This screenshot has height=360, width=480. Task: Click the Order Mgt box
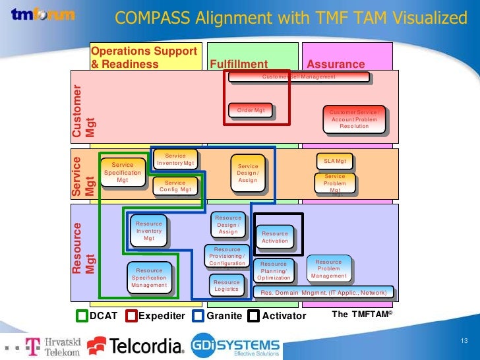(251, 111)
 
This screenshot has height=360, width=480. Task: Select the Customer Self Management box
(298, 77)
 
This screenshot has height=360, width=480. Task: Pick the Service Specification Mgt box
(123, 172)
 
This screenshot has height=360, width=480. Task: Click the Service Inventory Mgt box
(175, 160)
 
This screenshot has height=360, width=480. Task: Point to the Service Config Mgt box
(175, 187)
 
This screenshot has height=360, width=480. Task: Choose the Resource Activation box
(275, 237)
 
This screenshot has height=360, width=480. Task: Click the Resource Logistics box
(227, 285)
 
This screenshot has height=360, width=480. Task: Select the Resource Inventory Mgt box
(149, 231)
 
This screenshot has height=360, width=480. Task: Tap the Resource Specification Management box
(149, 278)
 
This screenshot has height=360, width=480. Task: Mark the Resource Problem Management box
(328, 269)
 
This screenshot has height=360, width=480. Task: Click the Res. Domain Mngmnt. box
(324, 292)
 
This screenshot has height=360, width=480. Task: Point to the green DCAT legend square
(82, 316)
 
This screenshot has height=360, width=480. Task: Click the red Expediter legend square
(131, 316)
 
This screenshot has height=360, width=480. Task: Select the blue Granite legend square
(197, 316)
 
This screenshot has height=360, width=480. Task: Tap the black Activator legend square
(255, 316)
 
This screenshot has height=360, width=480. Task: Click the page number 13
(464, 340)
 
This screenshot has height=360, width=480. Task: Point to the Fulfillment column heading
(239, 64)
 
